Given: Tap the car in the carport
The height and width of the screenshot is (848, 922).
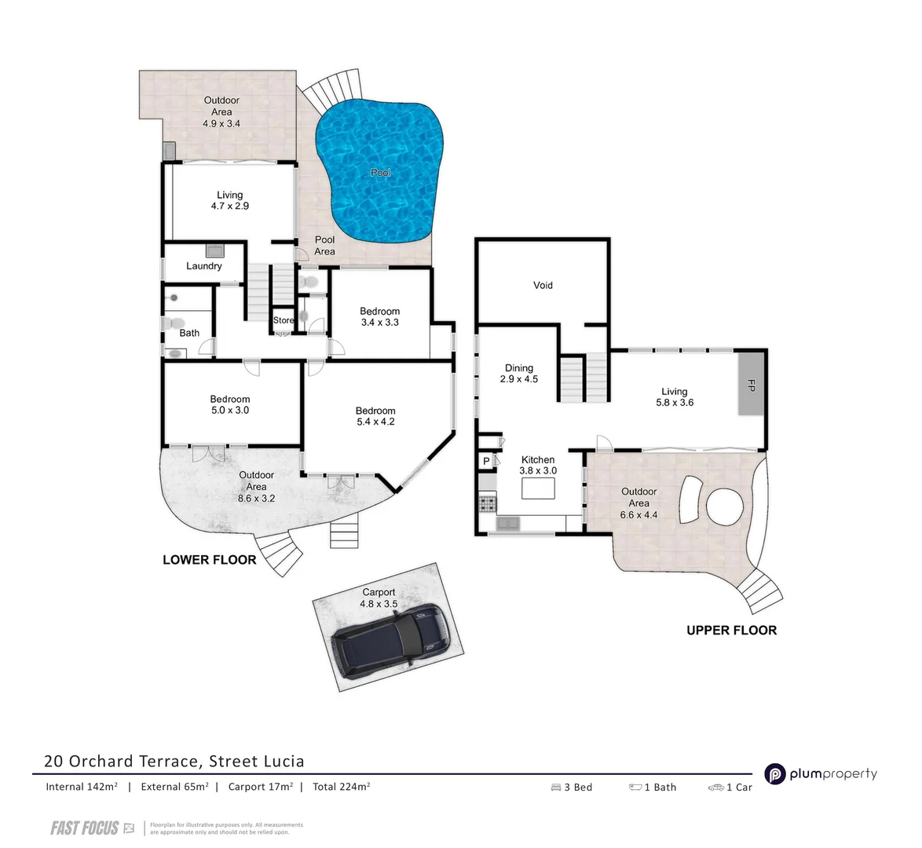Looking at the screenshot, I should (x=390, y=641).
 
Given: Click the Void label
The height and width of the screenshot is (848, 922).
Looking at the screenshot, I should (x=543, y=285).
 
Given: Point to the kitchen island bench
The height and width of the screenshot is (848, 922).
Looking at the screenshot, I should (x=538, y=488).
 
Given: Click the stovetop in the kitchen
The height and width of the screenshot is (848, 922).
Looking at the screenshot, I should (x=487, y=503).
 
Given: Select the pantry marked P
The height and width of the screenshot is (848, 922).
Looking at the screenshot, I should (x=486, y=461).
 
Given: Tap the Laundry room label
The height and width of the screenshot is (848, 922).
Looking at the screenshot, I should (x=204, y=266).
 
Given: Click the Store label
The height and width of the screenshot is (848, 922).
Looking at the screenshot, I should (x=283, y=320).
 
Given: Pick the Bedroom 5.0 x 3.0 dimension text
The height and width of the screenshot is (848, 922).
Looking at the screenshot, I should (x=230, y=411).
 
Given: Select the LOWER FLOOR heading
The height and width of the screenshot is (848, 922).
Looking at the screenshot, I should (x=209, y=560).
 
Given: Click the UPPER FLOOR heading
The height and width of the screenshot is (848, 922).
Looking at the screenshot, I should (x=731, y=631).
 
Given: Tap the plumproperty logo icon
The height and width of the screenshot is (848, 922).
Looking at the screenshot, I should (x=776, y=774).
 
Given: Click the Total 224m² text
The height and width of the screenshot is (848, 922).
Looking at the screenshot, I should (x=342, y=787).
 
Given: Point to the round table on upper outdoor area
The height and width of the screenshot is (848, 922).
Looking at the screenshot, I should (x=725, y=507).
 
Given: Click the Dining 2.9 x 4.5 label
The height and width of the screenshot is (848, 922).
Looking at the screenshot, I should (x=519, y=374).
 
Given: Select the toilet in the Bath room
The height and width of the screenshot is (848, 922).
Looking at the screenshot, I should (x=173, y=323).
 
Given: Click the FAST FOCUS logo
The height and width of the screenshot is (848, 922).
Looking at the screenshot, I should (x=85, y=828).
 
